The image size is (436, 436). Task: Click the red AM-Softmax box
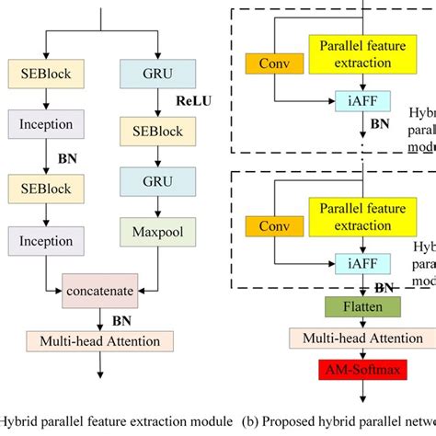344,370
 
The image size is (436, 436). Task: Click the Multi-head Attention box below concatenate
100,341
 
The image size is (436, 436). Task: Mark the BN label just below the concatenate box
121,321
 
